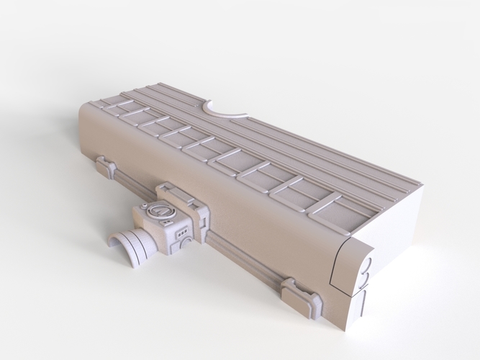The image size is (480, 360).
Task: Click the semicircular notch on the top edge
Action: [x=224, y=110]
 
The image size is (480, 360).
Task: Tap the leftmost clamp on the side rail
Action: [x=107, y=167]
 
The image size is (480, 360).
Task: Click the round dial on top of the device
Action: [x=159, y=211]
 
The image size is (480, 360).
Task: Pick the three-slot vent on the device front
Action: [x=181, y=231]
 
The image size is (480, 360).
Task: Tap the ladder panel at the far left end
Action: [x=108, y=108]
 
